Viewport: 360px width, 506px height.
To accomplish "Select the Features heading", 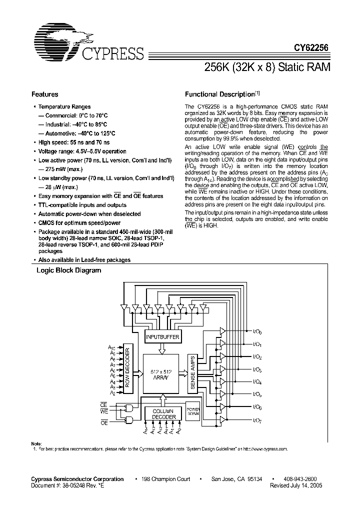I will [x=45, y=94].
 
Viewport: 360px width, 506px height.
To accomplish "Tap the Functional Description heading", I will [x=220, y=94].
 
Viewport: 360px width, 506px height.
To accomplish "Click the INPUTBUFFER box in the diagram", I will [x=161, y=337].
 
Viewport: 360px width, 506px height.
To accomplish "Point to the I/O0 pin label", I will [x=257, y=331].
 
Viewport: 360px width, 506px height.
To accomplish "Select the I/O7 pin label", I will [x=257, y=420].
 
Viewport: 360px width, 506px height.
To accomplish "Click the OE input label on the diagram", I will [x=104, y=422].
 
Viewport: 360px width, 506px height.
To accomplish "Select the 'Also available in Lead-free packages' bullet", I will [x=84, y=260].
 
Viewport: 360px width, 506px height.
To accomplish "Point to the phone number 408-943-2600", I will [x=299, y=479].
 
